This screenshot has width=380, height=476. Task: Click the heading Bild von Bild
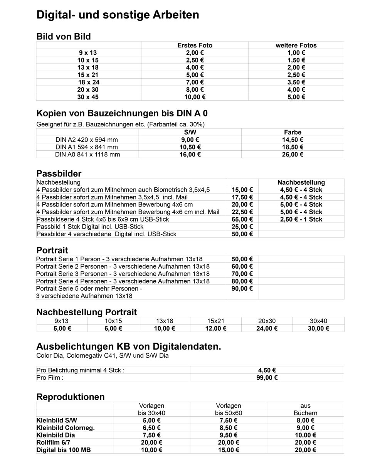point(64,37)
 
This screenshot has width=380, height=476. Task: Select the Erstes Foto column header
point(195,45)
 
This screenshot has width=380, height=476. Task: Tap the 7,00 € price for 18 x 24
point(195,82)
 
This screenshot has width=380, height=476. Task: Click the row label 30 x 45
point(88,97)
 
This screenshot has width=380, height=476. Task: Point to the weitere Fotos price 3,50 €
point(296,82)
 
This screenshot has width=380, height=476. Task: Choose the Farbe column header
point(293,132)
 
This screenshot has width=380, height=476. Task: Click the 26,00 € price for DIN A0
point(293,155)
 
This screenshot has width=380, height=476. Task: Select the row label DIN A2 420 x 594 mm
point(87,140)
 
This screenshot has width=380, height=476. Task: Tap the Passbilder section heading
point(59,173)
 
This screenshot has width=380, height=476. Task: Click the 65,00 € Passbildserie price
point(242,219)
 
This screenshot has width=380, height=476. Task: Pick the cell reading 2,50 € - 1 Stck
point(301,219)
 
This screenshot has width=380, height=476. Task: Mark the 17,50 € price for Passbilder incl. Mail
point(242,197)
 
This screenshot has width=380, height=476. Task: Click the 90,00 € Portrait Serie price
point(242,289)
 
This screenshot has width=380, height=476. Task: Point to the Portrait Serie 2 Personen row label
point(123,267)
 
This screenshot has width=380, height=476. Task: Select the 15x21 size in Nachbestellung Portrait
point(215,321)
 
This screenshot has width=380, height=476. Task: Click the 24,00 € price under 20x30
point(267,329)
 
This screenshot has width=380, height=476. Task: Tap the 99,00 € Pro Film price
point(267,378)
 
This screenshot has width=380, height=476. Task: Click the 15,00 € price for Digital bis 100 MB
point(229,450)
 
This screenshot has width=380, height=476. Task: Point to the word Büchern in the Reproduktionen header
point(305,413)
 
